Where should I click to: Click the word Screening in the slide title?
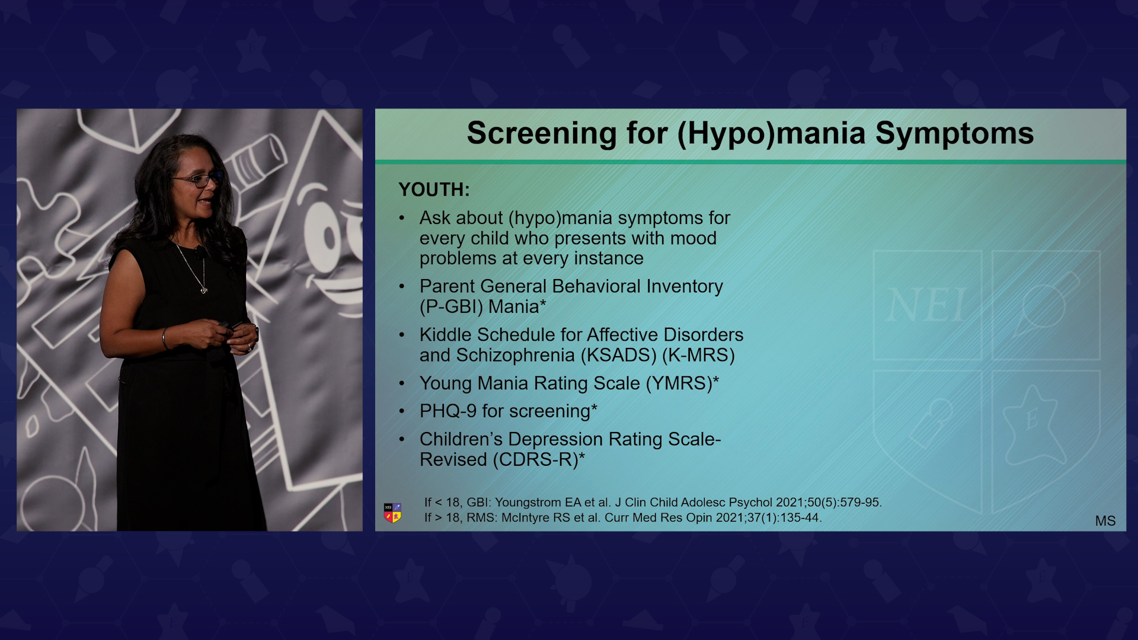click(541, 134)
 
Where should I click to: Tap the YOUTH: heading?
click(434, 190)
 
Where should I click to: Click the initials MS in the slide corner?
click(1105, 521)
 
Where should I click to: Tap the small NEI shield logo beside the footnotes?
click(392, 513)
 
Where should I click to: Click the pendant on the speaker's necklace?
click(204, 290)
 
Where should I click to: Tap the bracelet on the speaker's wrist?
click(165, 338)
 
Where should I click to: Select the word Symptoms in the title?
click(954, 134)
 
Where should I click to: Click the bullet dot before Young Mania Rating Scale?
click(402, 384)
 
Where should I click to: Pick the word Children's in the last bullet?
click(461, 439)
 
